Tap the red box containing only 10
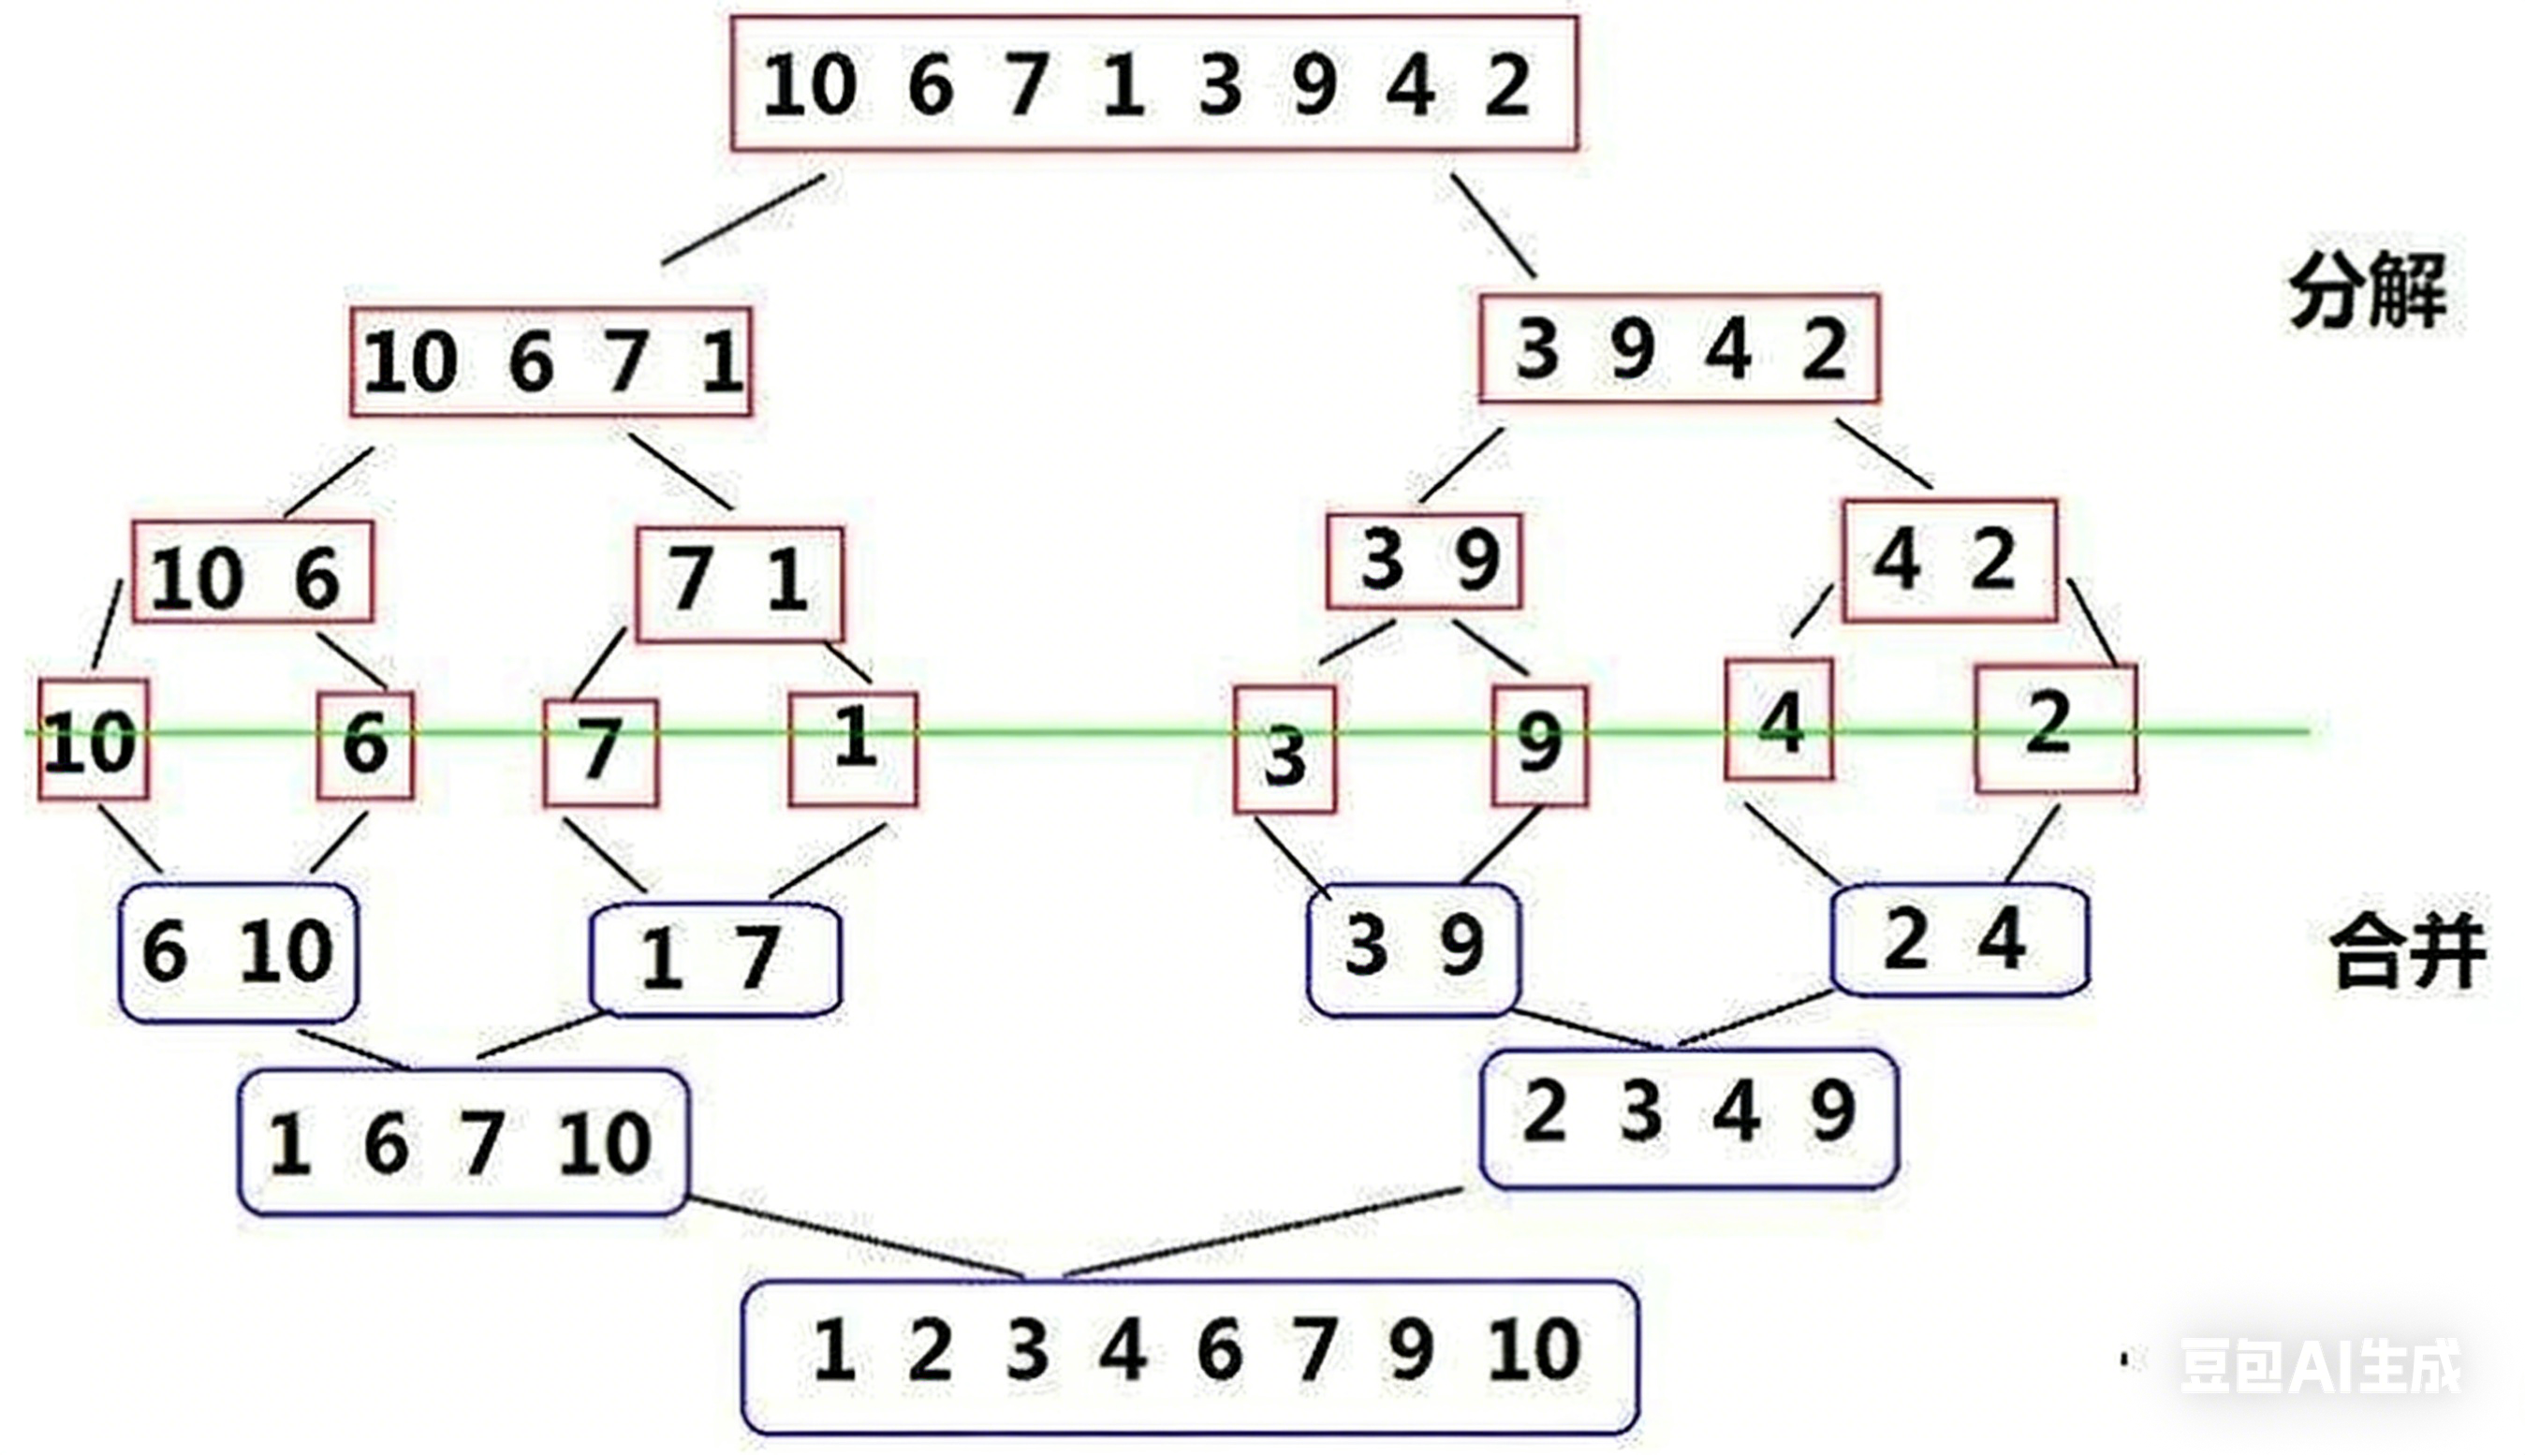(93, 741)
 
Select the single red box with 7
(600, 753)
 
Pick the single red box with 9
(1539, 744)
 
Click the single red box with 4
(1779, 719)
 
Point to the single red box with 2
(2055, 728)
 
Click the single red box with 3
(1285, 749)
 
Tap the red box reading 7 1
(740, 583)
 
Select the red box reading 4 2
(1948, 561)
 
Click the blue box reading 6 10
(239, 952)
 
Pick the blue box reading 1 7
(714, 960)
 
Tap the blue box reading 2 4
(1960, 940)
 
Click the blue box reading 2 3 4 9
(1689, 1118)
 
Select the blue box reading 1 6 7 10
(462, 1142)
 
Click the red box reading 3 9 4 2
(1679, 348)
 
